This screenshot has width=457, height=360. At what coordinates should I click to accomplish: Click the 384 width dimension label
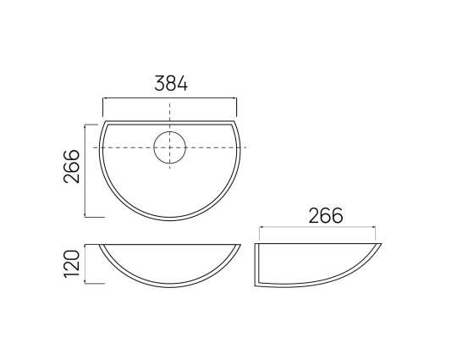[171, 83]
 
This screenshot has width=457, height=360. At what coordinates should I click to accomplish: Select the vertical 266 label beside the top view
[71, 166]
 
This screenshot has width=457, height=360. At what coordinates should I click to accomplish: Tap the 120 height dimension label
[71, 263]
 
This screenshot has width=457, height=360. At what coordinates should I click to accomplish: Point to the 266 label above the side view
[326, 216]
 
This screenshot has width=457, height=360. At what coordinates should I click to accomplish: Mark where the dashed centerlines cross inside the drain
[169, 147]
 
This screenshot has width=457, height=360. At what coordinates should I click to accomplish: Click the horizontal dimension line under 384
[169, 98]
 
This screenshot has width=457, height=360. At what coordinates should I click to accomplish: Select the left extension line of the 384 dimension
[103, 107]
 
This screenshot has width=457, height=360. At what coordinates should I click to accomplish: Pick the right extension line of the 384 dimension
[236, 107]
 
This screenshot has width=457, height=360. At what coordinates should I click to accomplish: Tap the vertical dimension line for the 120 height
[85, 263]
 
